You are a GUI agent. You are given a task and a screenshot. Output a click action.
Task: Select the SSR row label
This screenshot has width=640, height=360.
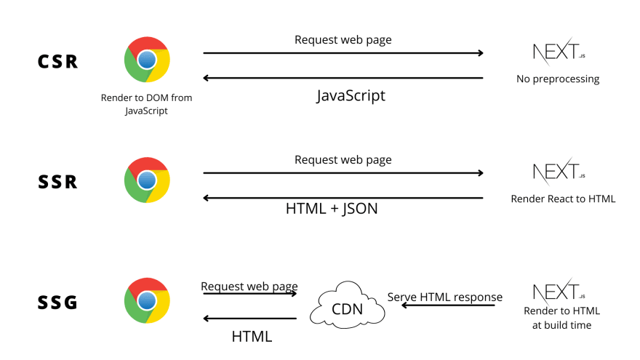point(57,182)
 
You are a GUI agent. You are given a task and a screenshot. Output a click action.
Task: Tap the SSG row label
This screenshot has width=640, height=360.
point(57,301)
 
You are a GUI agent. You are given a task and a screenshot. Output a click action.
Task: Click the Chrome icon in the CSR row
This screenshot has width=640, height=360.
point(147,59)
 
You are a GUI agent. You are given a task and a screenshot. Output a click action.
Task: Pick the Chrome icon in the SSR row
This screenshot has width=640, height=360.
point(147,180)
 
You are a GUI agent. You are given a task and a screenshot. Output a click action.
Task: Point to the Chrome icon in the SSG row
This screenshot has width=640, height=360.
point(147,300)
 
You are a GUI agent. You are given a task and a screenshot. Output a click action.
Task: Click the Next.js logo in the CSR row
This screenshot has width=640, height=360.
point(558,54)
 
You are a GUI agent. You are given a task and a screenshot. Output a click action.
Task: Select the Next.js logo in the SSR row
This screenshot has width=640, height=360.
point(558,173)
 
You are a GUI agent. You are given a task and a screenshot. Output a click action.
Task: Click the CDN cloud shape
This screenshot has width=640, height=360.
point(348,308)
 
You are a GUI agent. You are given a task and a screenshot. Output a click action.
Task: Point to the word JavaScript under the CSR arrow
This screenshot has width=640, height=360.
point(351,95)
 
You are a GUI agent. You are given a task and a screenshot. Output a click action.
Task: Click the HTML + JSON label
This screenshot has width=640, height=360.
point(332,209)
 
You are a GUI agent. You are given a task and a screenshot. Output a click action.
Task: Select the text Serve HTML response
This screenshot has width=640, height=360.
point(444,297)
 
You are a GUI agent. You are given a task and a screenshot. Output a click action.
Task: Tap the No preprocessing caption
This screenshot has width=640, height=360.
point(558,79)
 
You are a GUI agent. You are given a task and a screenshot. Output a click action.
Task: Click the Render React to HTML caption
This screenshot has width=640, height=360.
point(563,198)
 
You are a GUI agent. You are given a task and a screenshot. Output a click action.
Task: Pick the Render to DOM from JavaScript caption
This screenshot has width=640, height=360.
point(147,103)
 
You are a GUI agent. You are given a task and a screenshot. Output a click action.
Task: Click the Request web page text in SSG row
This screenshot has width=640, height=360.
point(249,287)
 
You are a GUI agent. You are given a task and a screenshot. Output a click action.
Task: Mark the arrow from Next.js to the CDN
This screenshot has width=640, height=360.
point(448,306)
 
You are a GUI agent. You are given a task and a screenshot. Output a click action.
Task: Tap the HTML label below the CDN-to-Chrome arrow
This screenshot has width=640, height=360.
point(252,336)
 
